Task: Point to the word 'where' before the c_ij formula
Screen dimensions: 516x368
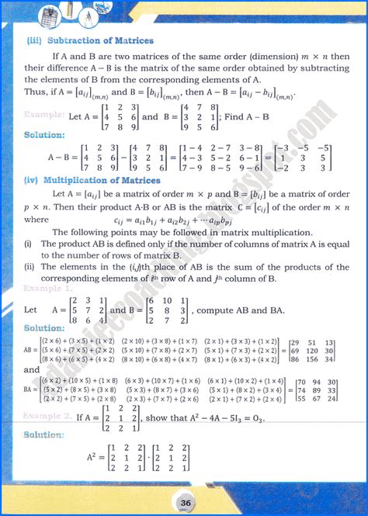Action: pyautogui.click(x=36, y=220)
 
